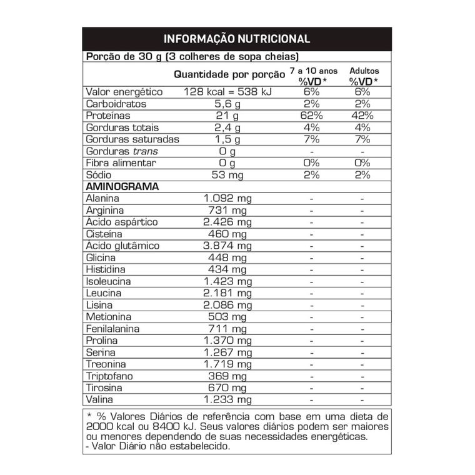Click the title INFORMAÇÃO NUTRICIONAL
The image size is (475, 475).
click(x=237, y=39)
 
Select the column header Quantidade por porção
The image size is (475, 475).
click(x=224, y=74)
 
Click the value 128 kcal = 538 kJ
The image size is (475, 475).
click(x=227, y=92)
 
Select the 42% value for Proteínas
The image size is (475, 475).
click(x=362, y=116)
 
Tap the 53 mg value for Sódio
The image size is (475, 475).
click(x=227, y=175)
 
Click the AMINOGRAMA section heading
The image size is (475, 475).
click(x=121, y=187)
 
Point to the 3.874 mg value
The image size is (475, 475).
click(x=227, y=246)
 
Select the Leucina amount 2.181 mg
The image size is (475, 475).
click(x=227, y=293)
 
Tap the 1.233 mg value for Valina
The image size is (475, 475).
click(x=227, y=400)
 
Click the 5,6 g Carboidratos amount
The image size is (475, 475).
click(x=227, y=104)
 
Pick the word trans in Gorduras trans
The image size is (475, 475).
click(x=145, y=151)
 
